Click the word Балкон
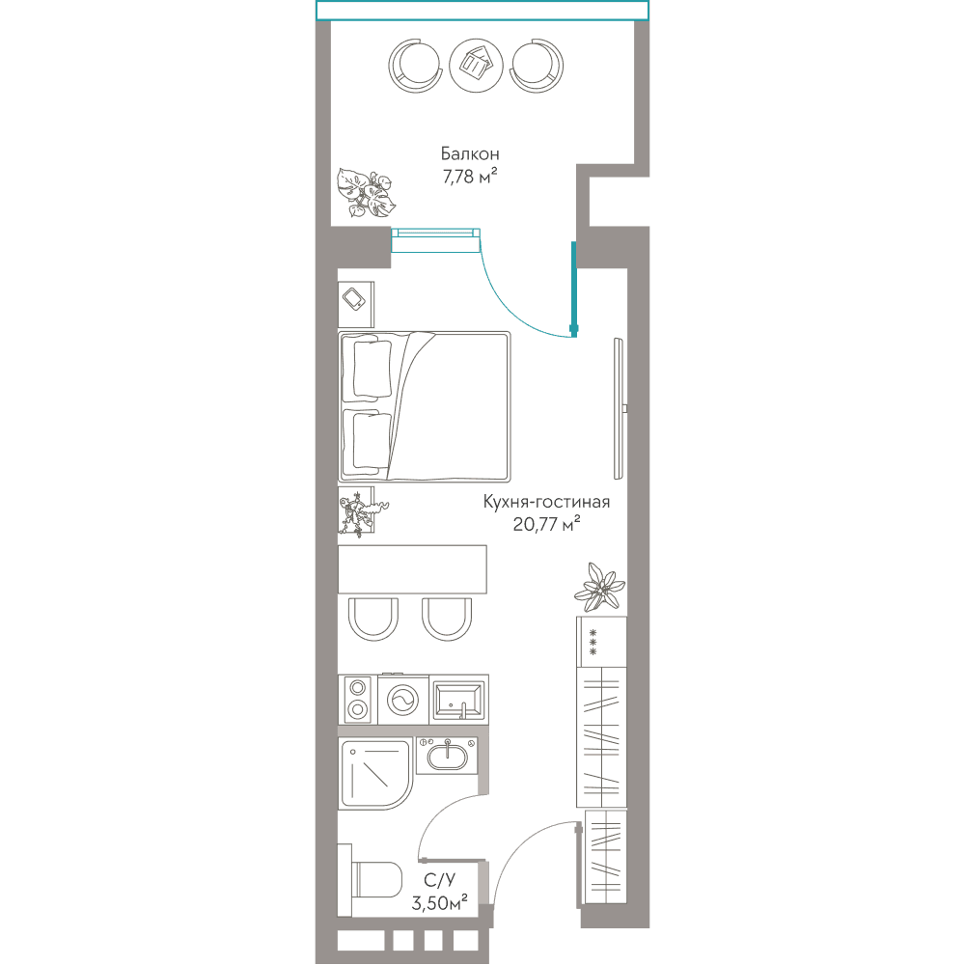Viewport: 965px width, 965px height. click(470, 153)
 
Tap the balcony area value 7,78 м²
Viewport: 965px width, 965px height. click(470, 177)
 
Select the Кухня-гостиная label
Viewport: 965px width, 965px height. click(546, 502)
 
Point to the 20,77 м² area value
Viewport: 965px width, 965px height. click(546, 524)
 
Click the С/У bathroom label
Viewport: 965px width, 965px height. click(439, 880)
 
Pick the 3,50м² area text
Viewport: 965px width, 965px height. click(439, 903)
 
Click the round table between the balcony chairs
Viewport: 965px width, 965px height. click(477, 66)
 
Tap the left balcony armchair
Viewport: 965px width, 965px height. click(416, 66)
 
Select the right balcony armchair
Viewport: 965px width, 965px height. click(537, 66)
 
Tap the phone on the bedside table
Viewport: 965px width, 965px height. click(354, 300)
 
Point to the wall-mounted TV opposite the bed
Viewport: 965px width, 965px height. click(620, 408)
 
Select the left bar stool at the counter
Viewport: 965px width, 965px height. click(372, 619)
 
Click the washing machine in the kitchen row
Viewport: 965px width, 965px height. click(402, 700)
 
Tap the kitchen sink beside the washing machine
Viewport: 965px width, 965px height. click(458, 700)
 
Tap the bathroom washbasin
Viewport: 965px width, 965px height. click(448, 756)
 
